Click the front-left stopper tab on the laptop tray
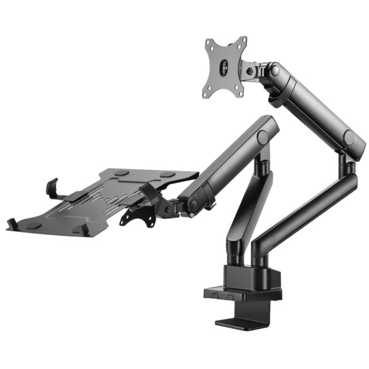tap(13, 224)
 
